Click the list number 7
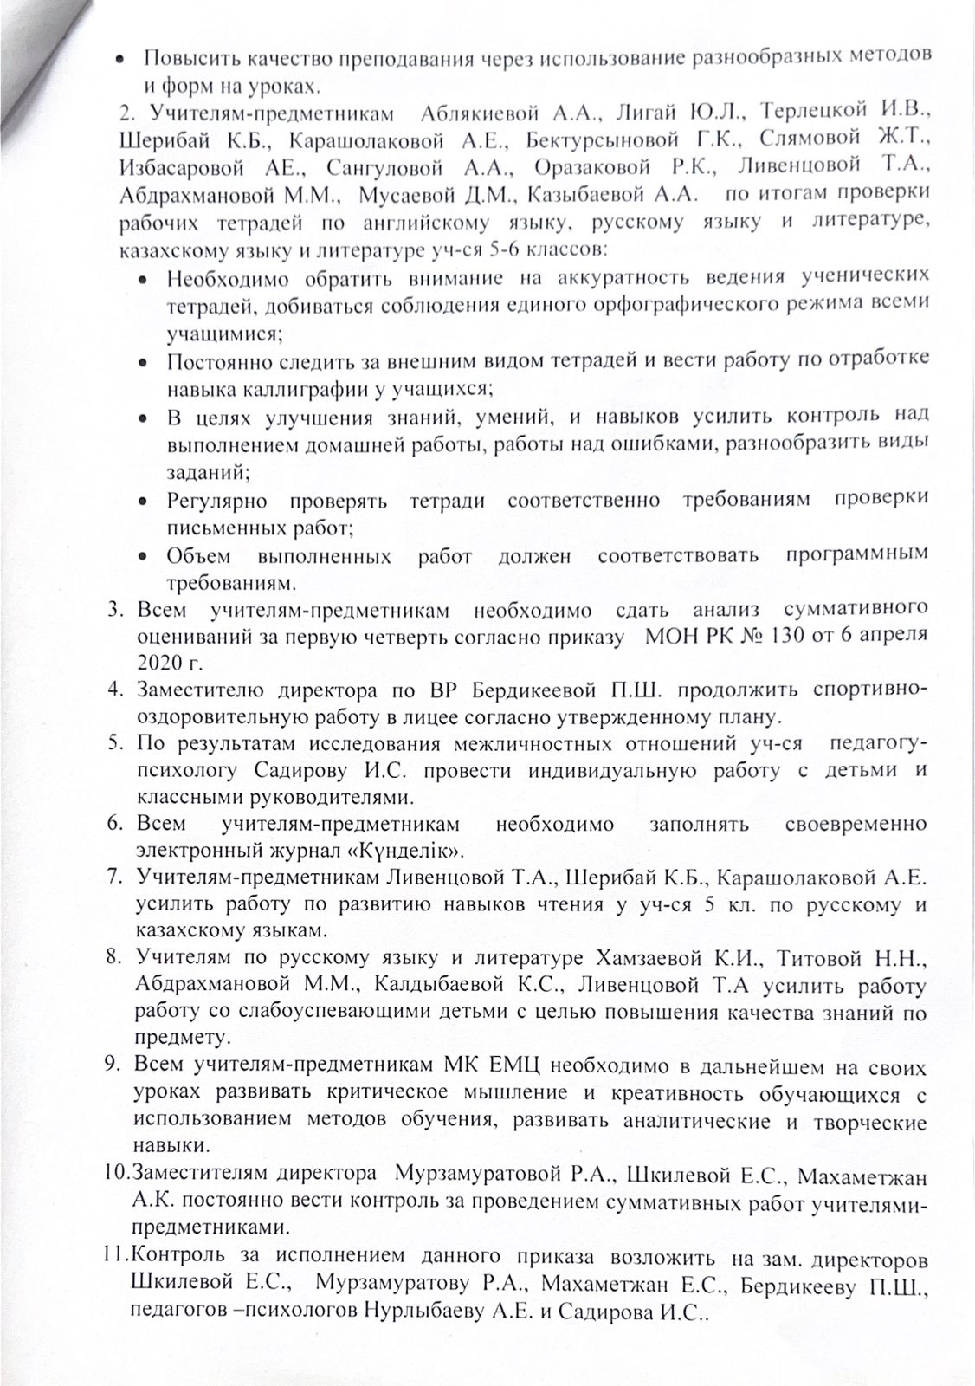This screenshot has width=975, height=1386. point(113,878)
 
